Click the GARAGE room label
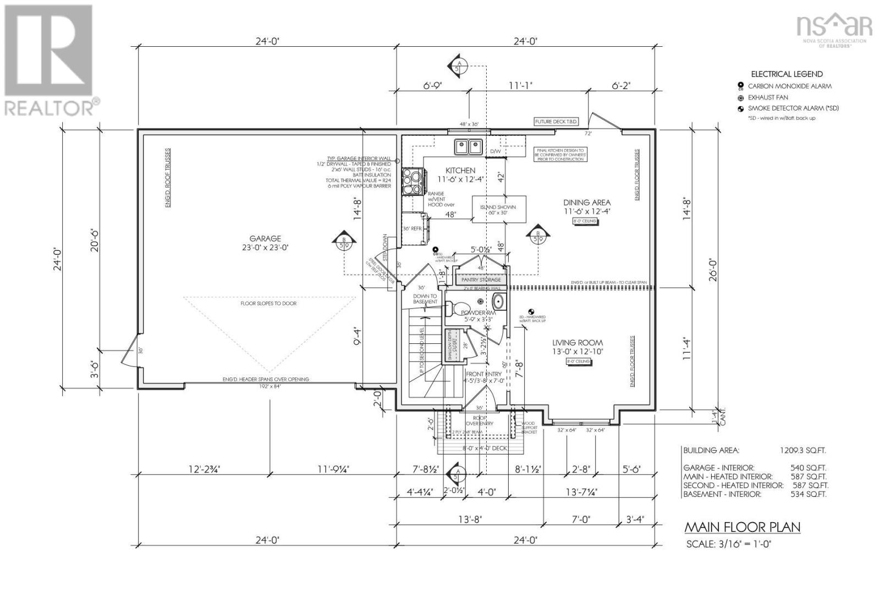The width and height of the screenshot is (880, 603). [265, 239]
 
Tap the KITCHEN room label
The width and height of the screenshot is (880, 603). [460, 171]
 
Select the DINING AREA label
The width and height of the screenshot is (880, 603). [586, 202]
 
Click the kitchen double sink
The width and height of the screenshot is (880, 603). [468, 147]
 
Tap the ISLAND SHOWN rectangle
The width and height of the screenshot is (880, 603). [499, 210]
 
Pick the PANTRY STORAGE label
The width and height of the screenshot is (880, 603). [481, 280]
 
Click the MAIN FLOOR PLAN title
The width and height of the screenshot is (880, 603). [742, 527]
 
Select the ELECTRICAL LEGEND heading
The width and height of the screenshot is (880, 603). [787, 74]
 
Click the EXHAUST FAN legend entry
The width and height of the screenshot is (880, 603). [768, 97]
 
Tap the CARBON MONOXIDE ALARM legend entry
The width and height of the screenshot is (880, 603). [789, 86]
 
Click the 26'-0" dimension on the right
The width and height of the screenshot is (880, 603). [713, 270]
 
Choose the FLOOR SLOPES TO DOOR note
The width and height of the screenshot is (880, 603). [268, 304]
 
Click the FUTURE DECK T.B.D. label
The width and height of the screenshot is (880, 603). [556, 121]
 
